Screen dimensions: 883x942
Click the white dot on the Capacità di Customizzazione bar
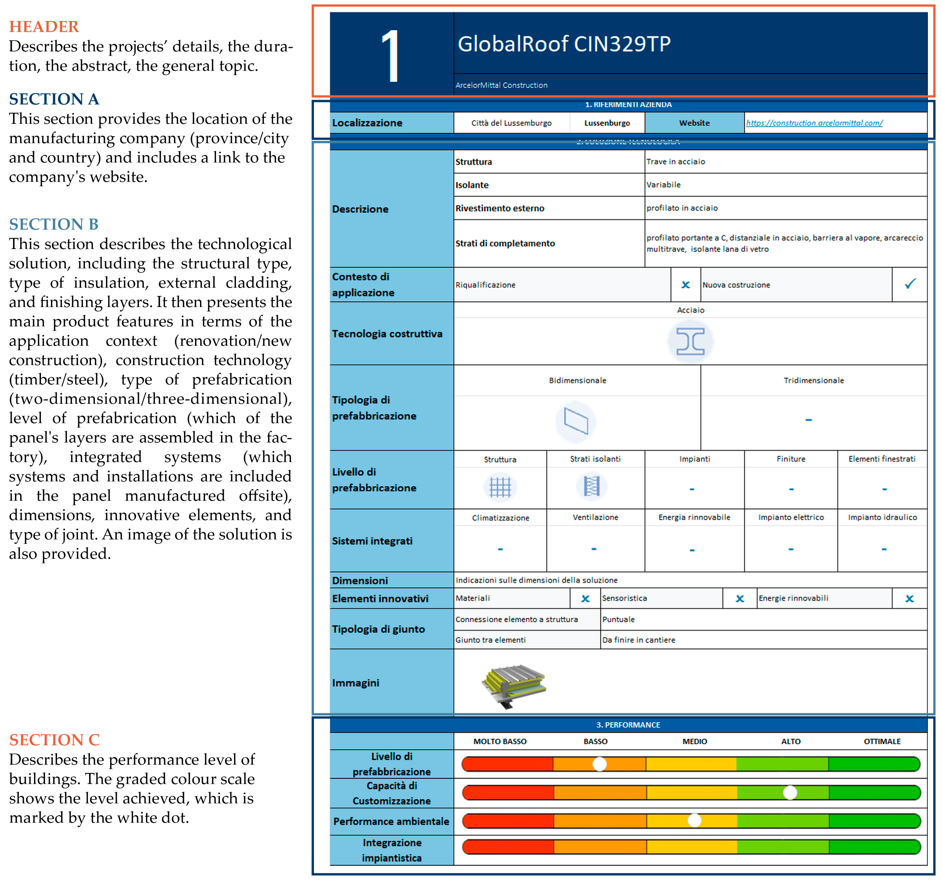(790, 792)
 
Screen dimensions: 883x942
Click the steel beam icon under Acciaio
(690, 341)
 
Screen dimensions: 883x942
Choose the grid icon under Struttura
(500, 487)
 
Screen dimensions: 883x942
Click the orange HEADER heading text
(43, 27)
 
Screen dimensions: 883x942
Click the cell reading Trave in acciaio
(676, 162)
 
